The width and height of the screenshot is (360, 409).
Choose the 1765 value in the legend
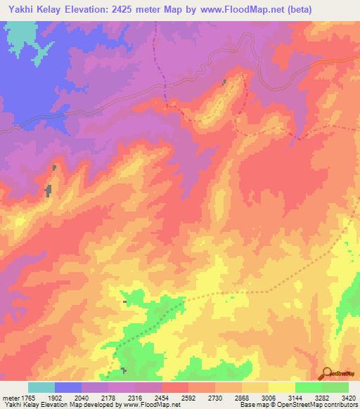(27, 397)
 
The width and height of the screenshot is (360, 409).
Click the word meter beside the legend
(9, 397)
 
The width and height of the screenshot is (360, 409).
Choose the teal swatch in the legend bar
(41, 387)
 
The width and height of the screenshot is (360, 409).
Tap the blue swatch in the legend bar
(68, 387)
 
